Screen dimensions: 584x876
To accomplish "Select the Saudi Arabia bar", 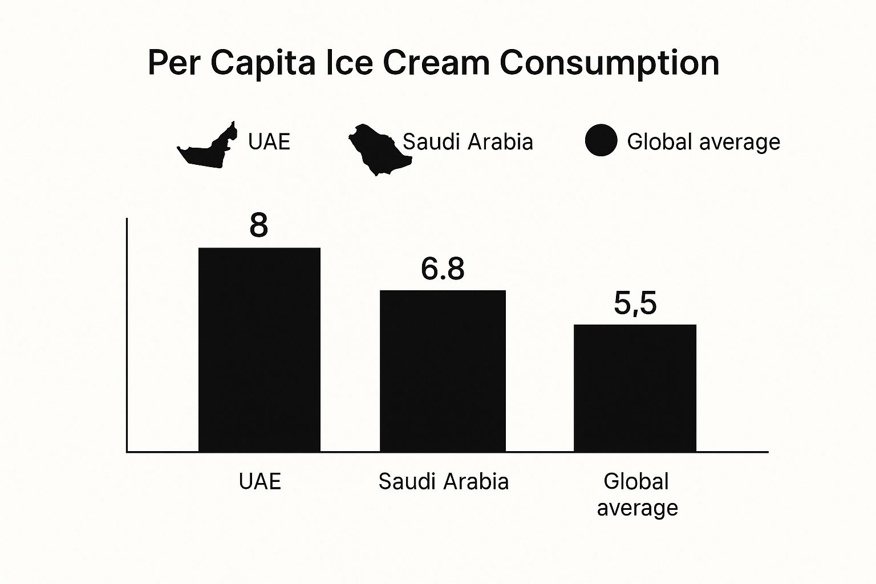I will point(443,371).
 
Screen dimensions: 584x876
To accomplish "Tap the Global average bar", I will point(635,388).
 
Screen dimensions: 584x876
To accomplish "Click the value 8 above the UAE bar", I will point(258,226).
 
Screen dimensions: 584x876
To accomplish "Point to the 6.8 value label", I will point(443,269).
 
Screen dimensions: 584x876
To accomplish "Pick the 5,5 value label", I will point(635,303).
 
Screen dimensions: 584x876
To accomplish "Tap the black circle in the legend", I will point(601,140).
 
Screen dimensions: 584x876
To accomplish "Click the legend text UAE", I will point(269,141).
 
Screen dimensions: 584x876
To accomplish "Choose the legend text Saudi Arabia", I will point(468,141).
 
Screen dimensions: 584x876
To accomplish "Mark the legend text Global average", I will point(703,141).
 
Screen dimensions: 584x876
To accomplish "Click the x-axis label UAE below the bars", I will point(260,481).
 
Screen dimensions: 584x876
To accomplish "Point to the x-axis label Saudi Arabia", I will point(443,481).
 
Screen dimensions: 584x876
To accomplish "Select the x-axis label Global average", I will point(637,494).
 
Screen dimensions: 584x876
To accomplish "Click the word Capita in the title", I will point(262,63).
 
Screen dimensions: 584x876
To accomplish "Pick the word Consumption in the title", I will point(609,63).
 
